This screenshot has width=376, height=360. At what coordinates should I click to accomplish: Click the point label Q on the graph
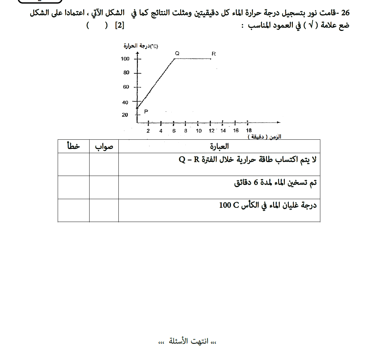(x=177, y=53)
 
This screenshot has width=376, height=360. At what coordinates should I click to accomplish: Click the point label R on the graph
(x=214, y=53)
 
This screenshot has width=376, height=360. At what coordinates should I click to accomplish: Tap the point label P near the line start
(x=146, y=111)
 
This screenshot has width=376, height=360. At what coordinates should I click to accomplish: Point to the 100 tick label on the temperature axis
(x=125, y=59)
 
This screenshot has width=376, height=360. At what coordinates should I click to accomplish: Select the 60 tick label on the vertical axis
(x=126, y=87)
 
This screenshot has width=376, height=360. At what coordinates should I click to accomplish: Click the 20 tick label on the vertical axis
(x=125, y=115)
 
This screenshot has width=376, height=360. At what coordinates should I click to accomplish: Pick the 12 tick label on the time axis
(x=211, y=131)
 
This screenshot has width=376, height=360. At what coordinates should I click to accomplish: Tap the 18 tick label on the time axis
(x=249, y=130)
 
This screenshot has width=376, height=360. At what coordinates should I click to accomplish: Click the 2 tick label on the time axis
(x=148, y=131)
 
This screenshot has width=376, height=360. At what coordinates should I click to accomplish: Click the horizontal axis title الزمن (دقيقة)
(x=264, y=137)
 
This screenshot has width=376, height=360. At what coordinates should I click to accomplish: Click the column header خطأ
(x=73, y=146)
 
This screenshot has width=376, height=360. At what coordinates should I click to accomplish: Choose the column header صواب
(x=104, y=146)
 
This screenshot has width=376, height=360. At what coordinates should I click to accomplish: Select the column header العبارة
(x=219, y=146)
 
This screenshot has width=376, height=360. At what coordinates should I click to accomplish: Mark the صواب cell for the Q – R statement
(x=104, y=165)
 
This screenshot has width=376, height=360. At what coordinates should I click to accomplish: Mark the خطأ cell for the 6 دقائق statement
(x=73, y=187)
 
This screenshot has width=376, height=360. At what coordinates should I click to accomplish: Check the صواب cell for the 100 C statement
(x=104, y=210)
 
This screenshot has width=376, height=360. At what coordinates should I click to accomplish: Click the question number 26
(x=345, y=13)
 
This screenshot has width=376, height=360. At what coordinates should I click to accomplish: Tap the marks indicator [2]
(x=119, y=26)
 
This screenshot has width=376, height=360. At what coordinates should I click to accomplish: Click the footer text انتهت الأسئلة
(x=187, y=342)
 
